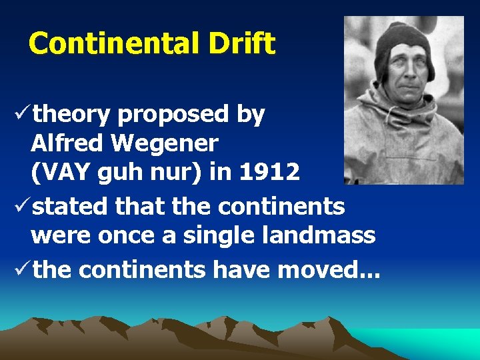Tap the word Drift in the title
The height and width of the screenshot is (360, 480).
coord(241,44)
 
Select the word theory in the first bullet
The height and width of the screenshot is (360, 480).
coord(71,115)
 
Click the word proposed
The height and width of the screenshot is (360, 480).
coord(173,115)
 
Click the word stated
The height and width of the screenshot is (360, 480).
coord(71,207)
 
